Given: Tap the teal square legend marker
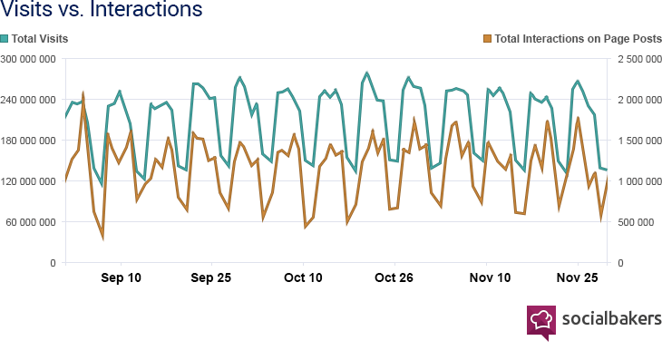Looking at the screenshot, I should pyautogui.click(x=5, y=38).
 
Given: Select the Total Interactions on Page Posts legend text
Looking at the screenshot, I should pyautogui.click(x=579, y=38).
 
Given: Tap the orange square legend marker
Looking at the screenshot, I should pyautogui.click(x=488, y=38).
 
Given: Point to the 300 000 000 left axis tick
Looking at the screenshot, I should pyautogui.click(x=29, y=59).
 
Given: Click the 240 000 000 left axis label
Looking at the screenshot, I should pyautogui.click(x=29, y=100).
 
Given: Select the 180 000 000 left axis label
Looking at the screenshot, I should pyautogui.click(x=29, y=141).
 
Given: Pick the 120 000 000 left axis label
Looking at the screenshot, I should pyautogui.click(x=29, y=181).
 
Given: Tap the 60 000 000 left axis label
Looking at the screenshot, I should pyautogui.click(x=32, y=222).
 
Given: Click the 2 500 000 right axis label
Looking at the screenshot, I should pyautogui.click(x=638, y=59).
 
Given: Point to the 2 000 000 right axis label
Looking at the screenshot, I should pyautogui.click(x=638, y=100).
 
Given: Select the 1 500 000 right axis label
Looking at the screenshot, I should pyautogui.click(x=638, y=141).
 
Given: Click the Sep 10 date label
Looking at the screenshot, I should pyautogui.click(x=122, y=277).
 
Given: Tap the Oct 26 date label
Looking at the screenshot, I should pyautogui.click(x=394, y=277).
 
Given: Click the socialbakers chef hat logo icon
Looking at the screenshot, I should pyautogui.click(x=541, y=320).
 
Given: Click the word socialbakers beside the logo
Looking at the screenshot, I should pyautogui.click(x=611, y=318).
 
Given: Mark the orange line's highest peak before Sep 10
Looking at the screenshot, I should pyautogui.click(x=83, y=93).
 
